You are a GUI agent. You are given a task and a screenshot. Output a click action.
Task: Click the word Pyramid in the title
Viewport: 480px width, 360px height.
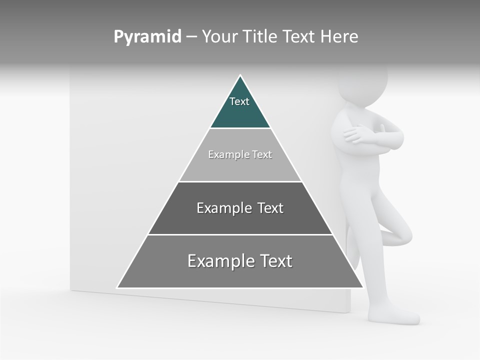click(x=147, y=36)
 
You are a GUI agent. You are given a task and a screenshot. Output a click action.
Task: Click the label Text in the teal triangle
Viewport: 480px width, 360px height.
click(x=239, y=101)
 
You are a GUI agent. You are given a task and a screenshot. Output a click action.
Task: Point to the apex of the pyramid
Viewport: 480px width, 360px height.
click(x=240, y=76)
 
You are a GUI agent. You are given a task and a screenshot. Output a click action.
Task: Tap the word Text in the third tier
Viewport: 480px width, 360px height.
click(x=270, y=208)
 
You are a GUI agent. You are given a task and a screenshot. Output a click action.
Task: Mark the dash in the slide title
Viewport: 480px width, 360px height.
click(x=191, y=37)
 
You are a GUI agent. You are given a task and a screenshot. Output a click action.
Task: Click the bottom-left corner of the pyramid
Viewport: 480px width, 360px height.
click(x=118, y=287)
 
